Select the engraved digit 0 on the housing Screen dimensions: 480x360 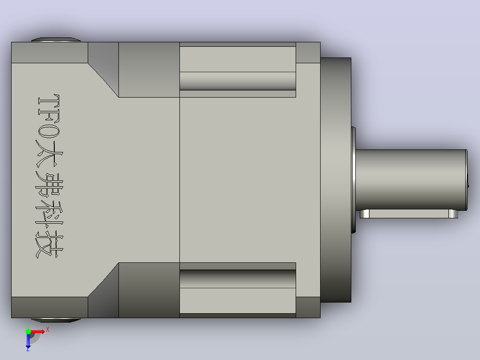click(49, 130)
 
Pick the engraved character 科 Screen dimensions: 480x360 click(49, 214)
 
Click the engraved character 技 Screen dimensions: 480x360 click(49, 245)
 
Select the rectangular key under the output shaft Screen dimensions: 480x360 click(409, 213)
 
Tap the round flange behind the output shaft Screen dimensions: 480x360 click(336, 180)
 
